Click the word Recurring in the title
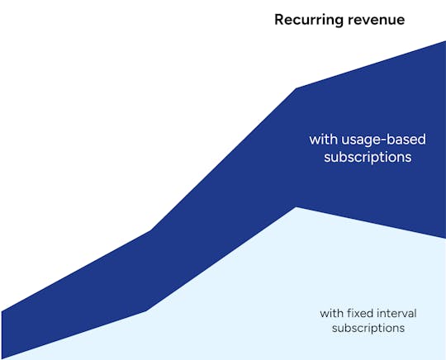click(305, 19)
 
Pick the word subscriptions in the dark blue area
click(368, 156)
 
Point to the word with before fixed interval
click(331, 313)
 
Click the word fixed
click(359, 313)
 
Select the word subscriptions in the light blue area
click(368, 328)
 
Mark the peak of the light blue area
click(297, 207)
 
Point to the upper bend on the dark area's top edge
click(297, 88)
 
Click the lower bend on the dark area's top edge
click(150, 230)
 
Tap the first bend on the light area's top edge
click(146, 311)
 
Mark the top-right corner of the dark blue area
click(444, 42)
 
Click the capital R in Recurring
click(279, 19)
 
